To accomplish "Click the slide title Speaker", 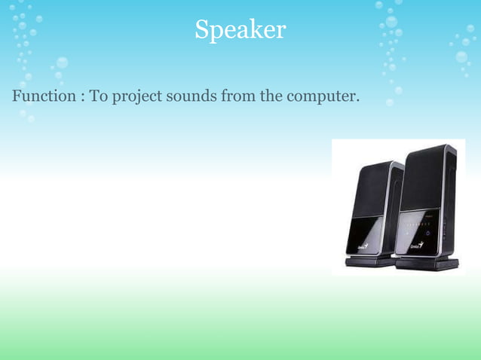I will tap(240, 29).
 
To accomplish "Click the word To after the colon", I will tap(99, 97).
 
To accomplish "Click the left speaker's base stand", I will tap(369, 261).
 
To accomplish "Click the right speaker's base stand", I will tap(427, 264).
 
